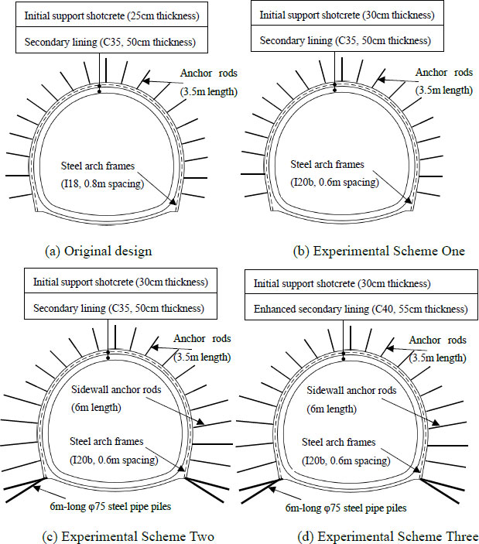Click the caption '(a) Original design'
click(x=98, y=251)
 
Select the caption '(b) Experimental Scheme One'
click(x=378, y=251)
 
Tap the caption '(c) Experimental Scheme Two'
click(x=128, y=537)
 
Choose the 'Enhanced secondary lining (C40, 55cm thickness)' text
click(x=361, y=309)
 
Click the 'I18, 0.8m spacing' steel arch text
click(x=102, y=183)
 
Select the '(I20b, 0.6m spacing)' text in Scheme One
click(x=335, y=182)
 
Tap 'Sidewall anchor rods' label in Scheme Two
click(x=116, y=389)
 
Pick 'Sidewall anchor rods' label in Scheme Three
click(x=351, y=391)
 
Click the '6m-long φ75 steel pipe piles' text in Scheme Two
click(x=111, y=507)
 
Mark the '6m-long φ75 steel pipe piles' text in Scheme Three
click(x=346, y=508)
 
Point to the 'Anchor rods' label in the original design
click(x=209, y=74)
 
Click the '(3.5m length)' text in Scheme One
click(x=444, y=91)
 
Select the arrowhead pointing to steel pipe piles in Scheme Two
click(x=36, y=488)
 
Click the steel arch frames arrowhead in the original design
click(x=173, y=201)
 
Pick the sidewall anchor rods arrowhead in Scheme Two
click(x=200, y=423)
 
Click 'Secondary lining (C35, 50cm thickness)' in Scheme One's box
click(x=345, y=41)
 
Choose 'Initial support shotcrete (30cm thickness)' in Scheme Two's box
click(x=121, y=282)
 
